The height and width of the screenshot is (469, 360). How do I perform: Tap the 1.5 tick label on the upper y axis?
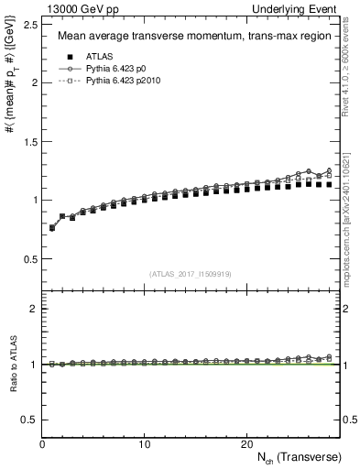[x=29, y=141]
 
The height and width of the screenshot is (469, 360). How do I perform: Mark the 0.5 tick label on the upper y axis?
[x=29, y=258]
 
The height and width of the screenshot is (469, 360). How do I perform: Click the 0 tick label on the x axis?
[x=43, y=445]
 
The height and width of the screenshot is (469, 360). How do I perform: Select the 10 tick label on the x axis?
[x=145, y=445]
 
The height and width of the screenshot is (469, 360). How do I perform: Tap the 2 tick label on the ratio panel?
[x=34, y=309]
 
